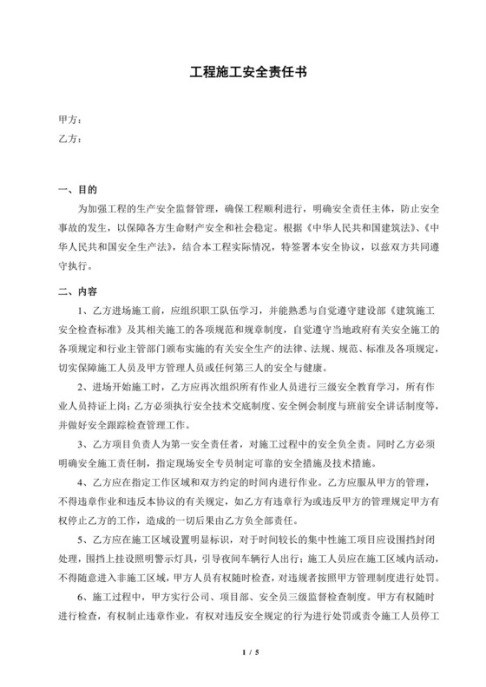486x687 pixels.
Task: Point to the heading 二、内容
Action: (76, 291)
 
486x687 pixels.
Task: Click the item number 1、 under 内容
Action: (83, 311)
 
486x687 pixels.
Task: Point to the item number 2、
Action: (83, 385)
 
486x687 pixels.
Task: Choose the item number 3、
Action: (83, 442)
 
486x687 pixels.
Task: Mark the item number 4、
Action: (83, 480)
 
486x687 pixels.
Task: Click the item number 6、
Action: (83, 593)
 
